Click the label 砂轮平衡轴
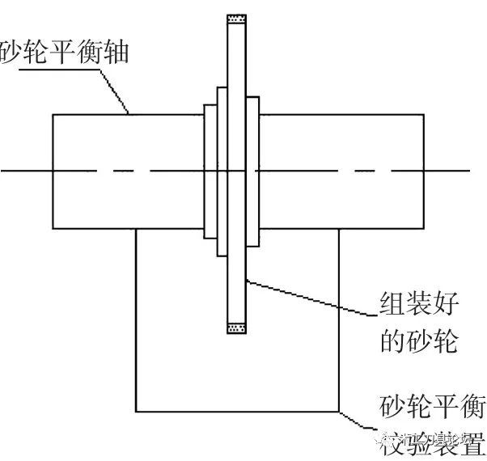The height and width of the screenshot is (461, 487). pyautogui.click(x=65, y=55)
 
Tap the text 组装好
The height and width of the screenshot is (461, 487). pyautogui.click(x=418, y=305)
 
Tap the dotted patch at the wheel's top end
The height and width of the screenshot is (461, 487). pyautogui.click(x=235, y=19)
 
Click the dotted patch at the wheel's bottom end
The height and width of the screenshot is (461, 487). pyautogui.click(x=235, y=328)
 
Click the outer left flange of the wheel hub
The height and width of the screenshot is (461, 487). pyautogui.click(x=209, y=170)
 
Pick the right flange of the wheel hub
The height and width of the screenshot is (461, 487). pyautogui.click(x=252, y=170)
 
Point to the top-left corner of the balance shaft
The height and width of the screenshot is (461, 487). pyautogui.click(x=53, y=114)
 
